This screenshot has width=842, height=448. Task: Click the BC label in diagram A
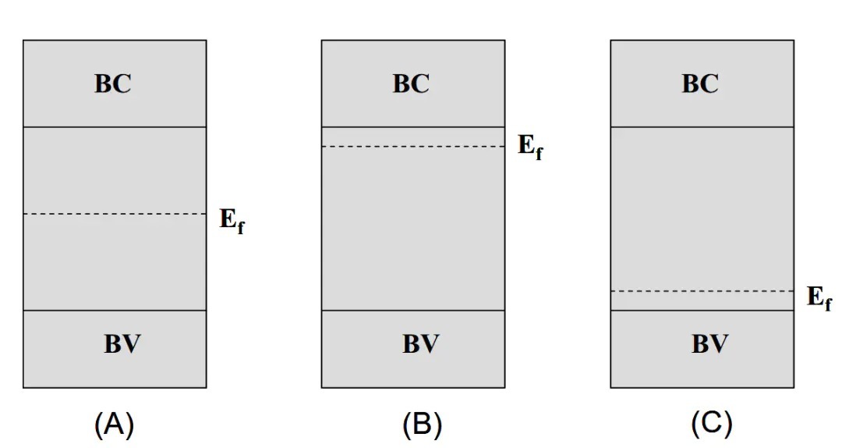[113, 84]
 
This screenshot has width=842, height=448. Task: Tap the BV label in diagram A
[122, 344]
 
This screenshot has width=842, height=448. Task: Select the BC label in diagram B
[411, 84]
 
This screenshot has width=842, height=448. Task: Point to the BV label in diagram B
[421, 344]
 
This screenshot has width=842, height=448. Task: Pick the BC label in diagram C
[700, 84]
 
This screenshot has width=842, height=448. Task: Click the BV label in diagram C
[709, 344]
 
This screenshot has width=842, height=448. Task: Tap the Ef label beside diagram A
[232, 221]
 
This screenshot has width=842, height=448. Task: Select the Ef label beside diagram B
[530, 148]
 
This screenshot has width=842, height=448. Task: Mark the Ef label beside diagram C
[819, 298]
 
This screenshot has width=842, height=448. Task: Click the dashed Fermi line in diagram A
[115, 214]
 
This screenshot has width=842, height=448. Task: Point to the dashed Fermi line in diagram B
[413, 146]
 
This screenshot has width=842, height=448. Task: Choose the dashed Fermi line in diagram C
[702, 291]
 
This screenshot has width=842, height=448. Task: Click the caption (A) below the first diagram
[114, 425]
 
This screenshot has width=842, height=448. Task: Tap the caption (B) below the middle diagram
[422, 425]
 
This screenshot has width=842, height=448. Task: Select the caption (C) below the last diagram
[711, 425]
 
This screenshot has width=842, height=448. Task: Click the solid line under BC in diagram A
[115, 126]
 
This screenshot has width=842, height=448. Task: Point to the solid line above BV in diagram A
[115, 311]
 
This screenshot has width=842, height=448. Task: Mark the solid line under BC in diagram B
[413, 126]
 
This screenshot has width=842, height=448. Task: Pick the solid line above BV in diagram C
[702, 311]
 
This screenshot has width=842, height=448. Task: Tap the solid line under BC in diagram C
[702, 126]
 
